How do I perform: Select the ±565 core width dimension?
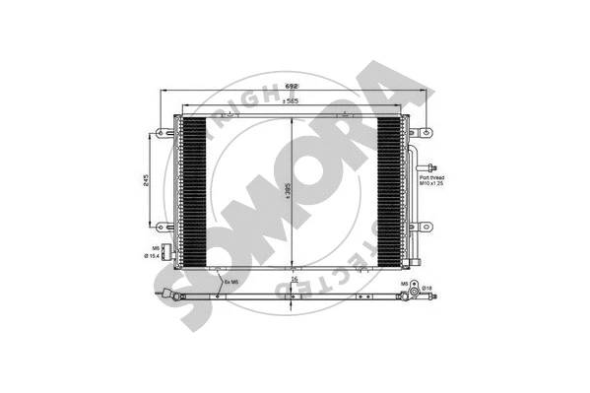tap(293, 102)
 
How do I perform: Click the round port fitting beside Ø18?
tap(415, 290)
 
